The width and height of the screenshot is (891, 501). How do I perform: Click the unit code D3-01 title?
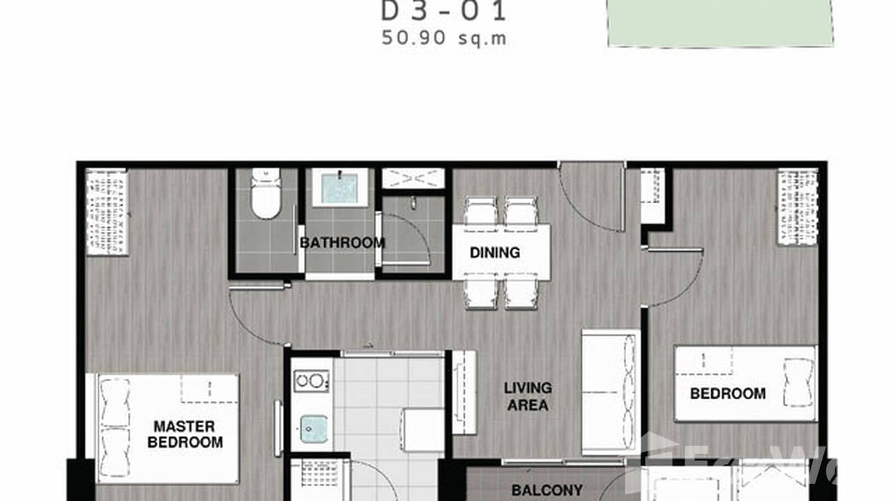click(x=444, y=11)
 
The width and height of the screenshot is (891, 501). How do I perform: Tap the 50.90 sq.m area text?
click(x=444, y=38)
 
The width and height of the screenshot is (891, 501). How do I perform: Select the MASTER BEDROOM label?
click(x=185, y=434)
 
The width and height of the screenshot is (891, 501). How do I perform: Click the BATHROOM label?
click(x=342, y=243)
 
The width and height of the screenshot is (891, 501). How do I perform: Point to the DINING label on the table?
click(x=495, y=252)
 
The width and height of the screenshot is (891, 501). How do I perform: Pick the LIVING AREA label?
click(x=528, y=396)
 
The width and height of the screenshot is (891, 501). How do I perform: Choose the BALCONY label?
click(x=546, y=490)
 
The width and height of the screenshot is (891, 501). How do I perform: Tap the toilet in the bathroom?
click(x=266, y=193)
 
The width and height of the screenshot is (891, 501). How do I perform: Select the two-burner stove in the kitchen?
click(x=311, y=381)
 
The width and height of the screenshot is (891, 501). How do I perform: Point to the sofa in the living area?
click(x=610, y=392)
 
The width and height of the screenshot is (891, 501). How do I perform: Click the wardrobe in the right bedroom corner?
click(x=797, y=207)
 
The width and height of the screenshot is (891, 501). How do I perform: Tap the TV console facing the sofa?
click(x=464, y=393)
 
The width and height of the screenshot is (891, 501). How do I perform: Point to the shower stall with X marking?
click(x=412, y=178)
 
